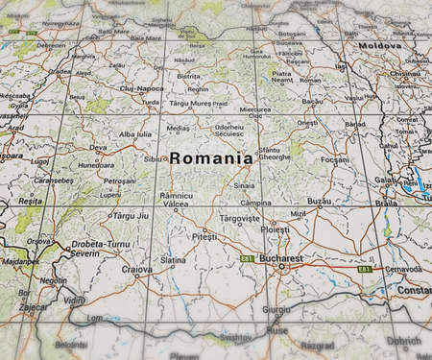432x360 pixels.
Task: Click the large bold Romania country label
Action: pyautogui.click(x=211, y=158)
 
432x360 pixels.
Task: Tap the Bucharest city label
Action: pyautogui.click(x=282, y=258)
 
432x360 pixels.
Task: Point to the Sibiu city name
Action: pyautogui.click(x=154, y=157)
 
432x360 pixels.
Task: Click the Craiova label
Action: pyautogui.click(x=136, y=270)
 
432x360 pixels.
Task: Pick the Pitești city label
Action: pyautogui.click(x=204, y=235)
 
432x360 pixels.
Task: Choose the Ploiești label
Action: pyautogui.click(x=276, y=230)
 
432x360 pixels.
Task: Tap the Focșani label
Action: pyautogui.click(x=334, y=158)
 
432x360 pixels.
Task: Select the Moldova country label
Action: pyautogui.click(x=378, y=46)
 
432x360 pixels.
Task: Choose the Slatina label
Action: pyautogui.click(x=173, y=260)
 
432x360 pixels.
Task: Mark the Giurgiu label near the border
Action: pyautogui.click(x=275, y=310)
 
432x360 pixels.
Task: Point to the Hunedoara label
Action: pyautogui.click(x=95, y=164)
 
